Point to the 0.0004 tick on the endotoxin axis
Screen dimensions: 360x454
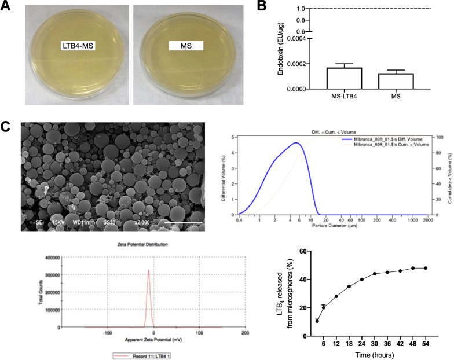pyautogui.click(x=296, y=39)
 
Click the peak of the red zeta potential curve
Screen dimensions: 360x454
pyautogui.click(x=148, y=270)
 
